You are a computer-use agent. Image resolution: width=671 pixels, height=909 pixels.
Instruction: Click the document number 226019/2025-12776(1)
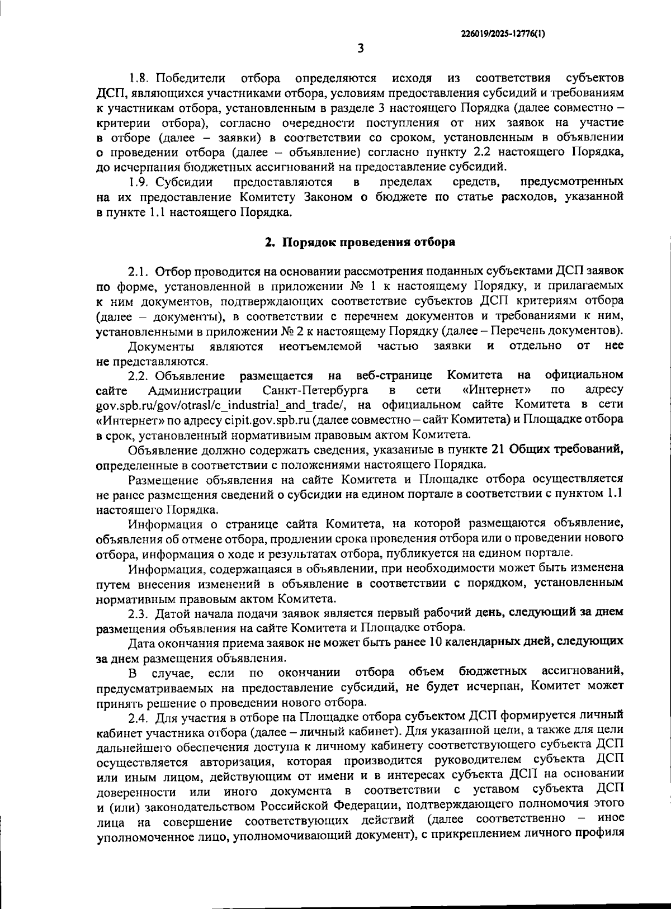[503, 33]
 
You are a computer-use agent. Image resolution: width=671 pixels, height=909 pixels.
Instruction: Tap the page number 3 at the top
[361, 49]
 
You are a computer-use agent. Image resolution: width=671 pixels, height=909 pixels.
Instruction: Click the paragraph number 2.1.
[138, 272]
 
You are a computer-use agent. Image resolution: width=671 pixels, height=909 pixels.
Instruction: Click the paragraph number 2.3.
[138, 613]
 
